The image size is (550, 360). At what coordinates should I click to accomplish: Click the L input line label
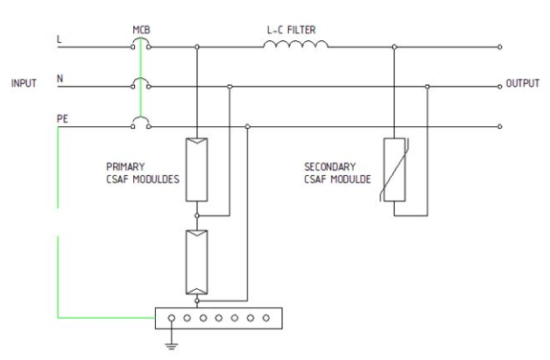pos(60,39)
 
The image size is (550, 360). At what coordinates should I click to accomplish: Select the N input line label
pos(60,78)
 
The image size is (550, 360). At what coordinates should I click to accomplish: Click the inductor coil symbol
pos(294,45)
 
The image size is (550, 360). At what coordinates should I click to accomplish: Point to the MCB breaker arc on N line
pos(140,83)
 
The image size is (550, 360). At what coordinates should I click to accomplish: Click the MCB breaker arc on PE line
pos(140,122)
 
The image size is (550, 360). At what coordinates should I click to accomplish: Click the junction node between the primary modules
pos(197,214)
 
